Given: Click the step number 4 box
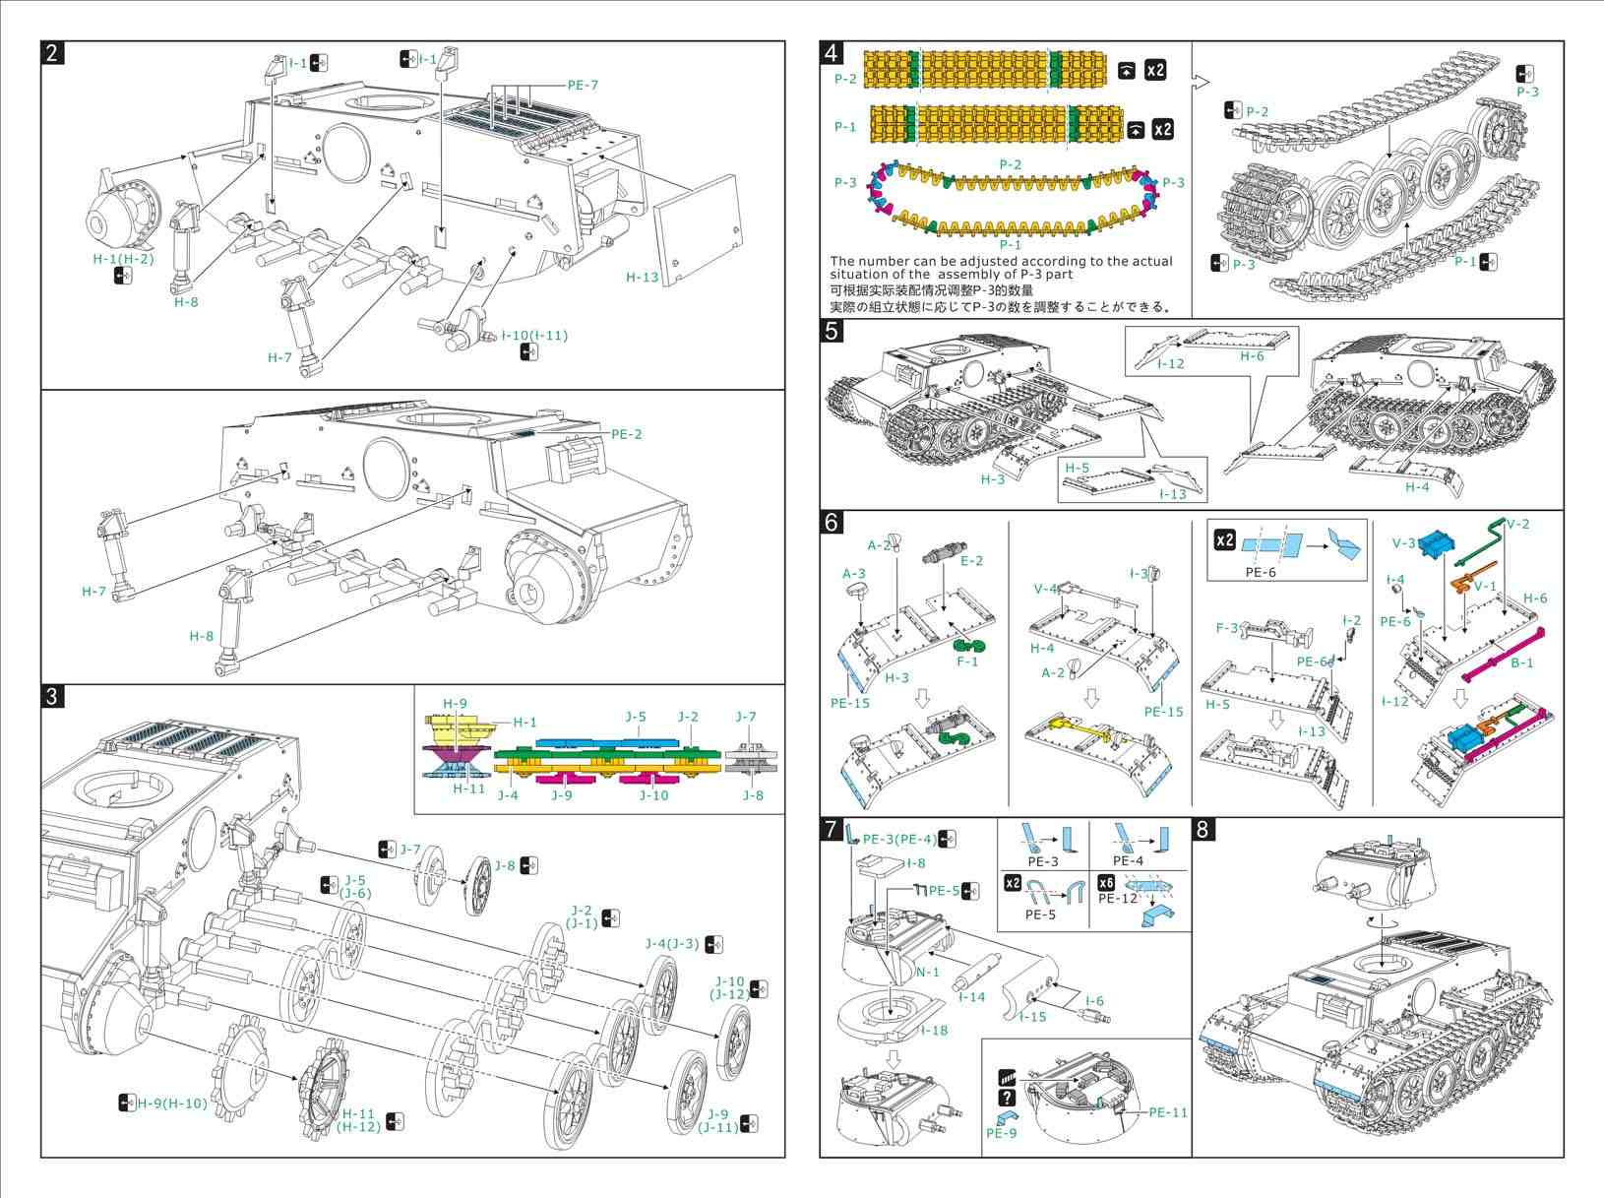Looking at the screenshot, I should pos(833,53).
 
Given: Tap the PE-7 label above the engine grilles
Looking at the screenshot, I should pos(583,85).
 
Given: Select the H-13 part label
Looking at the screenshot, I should pos(643,278).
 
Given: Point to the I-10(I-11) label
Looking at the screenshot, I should pos(534,336).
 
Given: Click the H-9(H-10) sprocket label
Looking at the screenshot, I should pos(172,1103).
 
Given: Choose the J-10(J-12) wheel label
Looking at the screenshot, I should pos(729,988).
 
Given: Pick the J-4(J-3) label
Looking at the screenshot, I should pos(672,944).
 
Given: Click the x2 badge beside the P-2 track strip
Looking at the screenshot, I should pos(1155,70).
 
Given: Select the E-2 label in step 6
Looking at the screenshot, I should pos(971,561).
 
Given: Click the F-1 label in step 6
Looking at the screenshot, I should pos(968,662).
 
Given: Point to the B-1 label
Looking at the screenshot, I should pos(1521,662).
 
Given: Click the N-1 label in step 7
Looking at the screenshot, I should pos(927,973).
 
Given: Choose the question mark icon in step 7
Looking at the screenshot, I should pos(1007,1098).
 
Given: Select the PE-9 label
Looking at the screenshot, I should pos(1001,1133).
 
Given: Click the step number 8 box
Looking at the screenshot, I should pos(1203,830).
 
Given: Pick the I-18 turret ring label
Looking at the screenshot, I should pos(934,1030).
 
